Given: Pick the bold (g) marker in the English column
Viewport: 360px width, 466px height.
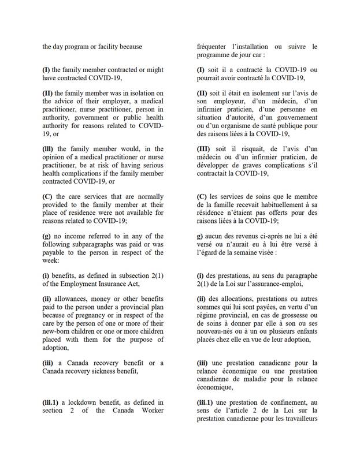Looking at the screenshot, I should pos(47,236).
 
